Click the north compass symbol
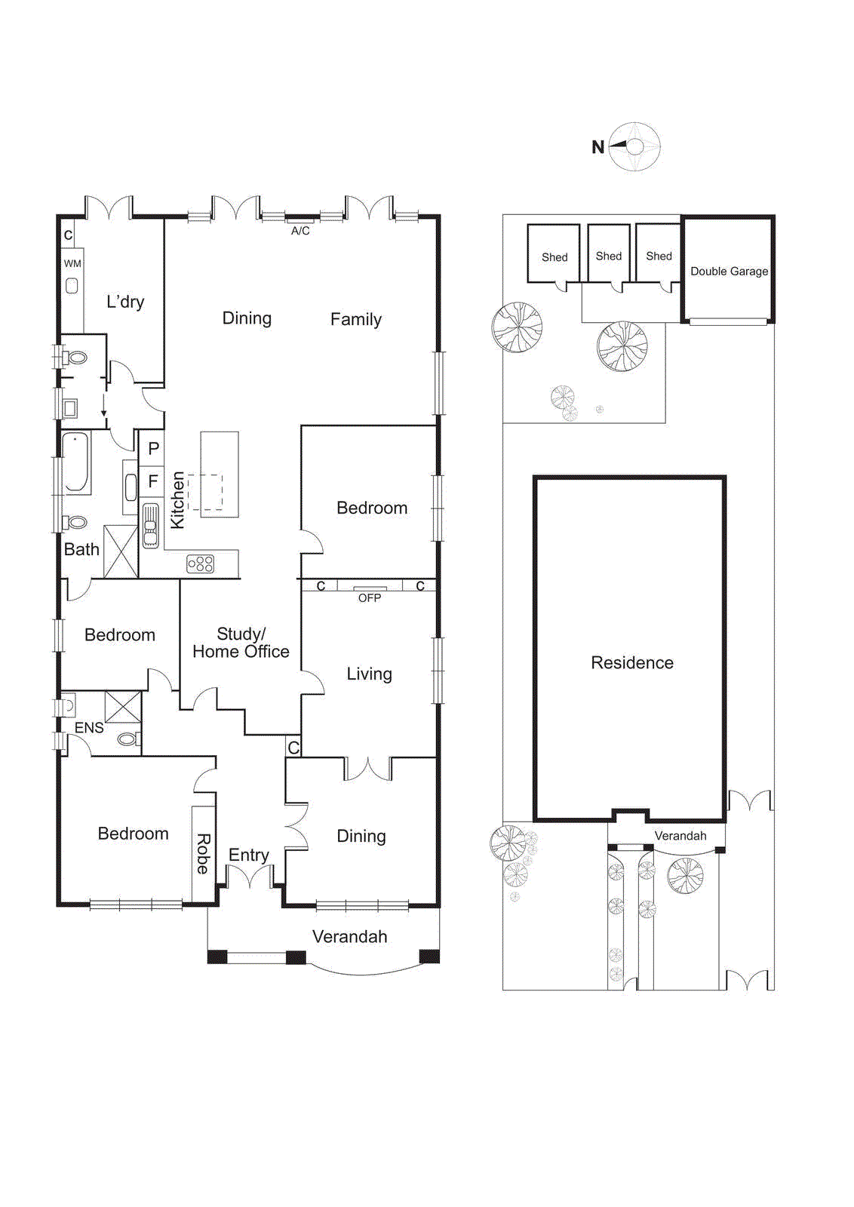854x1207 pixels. pyautogui.click(x=634, y=146)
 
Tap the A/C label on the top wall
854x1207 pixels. pyautogui.click(x=300, y=231)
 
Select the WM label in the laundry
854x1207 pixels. pyautogui.click(x=72, y=263)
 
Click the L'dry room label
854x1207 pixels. pyautogui.click(x=125, y=302)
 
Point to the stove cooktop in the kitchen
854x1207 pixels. pyautogui.click(x=201, y=564)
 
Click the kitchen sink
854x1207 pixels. pyautogui.click(x=151, y=524)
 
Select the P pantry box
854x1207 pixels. pyautogui.click(x=153, y=449)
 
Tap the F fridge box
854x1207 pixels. pyautogui.click(x=153, y=481)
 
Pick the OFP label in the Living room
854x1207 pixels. pyautogui.click(x=370, y=597)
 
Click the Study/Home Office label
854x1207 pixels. pyautogui.click(x=241, y=643)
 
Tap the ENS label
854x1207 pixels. pyautogui.click(x=89, y=728)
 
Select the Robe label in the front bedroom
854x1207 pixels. pyautogui.click(x=203, y=853)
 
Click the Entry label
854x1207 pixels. pyautogui.click(x=249, y=855)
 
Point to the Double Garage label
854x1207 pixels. pyautogui.click(x=729, y=272)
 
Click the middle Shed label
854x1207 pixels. pyautogui.click(x=608, y=256)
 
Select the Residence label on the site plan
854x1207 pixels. pyautogui.click(x=631, y=663)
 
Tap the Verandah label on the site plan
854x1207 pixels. pyautogui.click(x=680, y=836)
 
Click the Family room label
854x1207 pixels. pyautogui.click(x=355, y=319)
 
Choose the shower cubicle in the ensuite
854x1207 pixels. pyautogui.click(x=123, y=707)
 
